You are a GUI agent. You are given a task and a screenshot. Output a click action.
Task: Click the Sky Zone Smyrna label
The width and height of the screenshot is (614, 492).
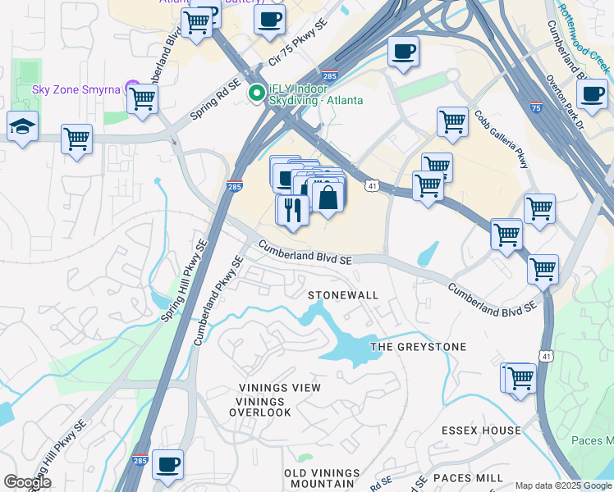(x=76, y=89)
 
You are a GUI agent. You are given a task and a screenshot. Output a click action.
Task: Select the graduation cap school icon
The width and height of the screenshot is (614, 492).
(x=22, y=127)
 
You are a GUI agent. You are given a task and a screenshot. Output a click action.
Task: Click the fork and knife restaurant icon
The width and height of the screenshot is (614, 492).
(x=291, y=209)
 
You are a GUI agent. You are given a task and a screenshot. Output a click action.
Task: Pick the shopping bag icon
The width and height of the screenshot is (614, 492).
(x=328, y=198)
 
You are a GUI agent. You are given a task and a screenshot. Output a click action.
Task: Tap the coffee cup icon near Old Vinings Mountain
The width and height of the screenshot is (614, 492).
(x=168, y=464)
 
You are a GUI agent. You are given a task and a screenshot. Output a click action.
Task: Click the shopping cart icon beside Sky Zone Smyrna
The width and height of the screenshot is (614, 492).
(x=143, y=98)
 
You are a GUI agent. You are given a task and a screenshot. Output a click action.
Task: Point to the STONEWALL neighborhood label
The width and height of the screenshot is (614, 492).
(x=343, y=295)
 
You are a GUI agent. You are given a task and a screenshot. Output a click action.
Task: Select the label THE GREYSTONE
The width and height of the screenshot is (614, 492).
(x=418, y=347)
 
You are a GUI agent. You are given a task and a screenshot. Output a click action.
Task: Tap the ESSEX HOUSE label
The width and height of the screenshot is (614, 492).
(x=481, y=430)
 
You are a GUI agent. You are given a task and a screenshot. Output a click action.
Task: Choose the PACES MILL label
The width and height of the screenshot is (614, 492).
(x=469, y=478)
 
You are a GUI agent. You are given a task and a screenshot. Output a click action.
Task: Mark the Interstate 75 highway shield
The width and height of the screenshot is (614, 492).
(x=535, y=107)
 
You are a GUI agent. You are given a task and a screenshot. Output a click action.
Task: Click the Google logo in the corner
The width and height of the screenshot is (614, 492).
(x=27, y=482)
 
